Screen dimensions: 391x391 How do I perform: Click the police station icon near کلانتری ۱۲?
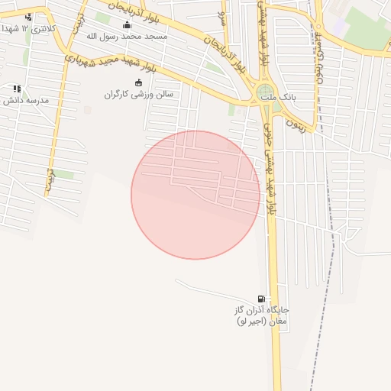pyautogui.click(x=28, y=17)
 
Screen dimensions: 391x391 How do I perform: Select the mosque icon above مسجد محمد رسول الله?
pyautogui.click(x=127, y=24)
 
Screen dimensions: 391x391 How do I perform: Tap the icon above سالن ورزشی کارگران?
pyautogui.click(x=138, y=82)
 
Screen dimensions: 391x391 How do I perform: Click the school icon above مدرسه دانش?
pyautogui.click(x=17, y=89)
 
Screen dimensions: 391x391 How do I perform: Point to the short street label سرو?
pyautogui.click(x=222, y=15)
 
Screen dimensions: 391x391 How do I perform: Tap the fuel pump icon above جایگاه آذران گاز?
pyautogui.click(x=262, y=299)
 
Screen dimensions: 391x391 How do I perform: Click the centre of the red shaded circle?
pyautogui.click(x=195, y=195)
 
